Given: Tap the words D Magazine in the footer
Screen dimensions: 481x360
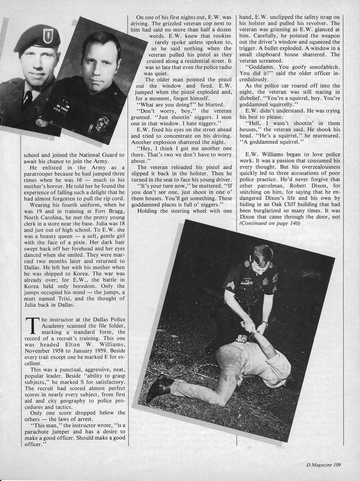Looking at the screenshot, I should click(319, 465).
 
